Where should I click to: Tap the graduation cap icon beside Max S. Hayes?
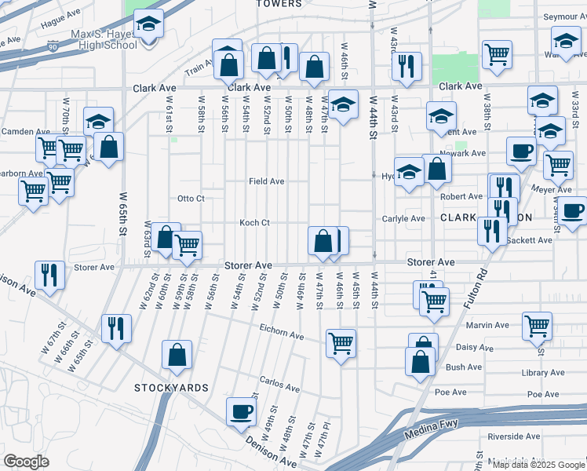coord(148,25)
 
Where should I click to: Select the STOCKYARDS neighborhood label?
coord(170,388)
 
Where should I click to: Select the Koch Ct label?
coord(254,223)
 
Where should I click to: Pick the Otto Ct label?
coord(191,199)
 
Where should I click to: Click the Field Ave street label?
coord(266,181)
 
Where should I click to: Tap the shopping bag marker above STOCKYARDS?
coord(177,354)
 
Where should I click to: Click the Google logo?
coord(26,462)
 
